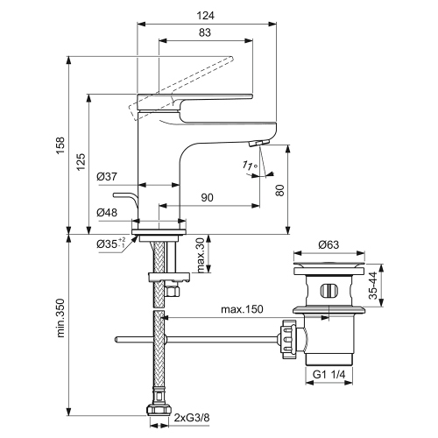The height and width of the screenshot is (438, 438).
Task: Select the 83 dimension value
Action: (x=203, y=33)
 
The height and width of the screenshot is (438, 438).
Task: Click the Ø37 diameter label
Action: (x=107, y=177)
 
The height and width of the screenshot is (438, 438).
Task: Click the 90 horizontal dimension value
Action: (x=208, y=199)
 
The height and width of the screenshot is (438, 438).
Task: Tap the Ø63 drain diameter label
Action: (x=328, y=244)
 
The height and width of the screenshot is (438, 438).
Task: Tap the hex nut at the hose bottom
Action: (x=159, y=408)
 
